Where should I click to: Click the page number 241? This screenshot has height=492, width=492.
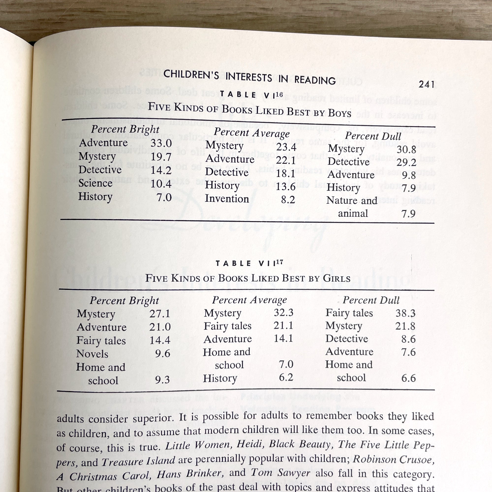pyautogui.click(x=426, y=84)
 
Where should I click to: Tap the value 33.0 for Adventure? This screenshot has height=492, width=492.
pyautogui.click(x=161, y=143)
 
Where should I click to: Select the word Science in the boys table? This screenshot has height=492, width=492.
pyautogui.click(x=95, y=183)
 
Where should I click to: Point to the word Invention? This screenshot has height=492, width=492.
pyautogui.click(x=227, y=199)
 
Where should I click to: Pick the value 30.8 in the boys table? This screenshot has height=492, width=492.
pyautogui.click(x=406, y=150)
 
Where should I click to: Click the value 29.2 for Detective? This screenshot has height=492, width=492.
pyautogui.click(x=406, y=162)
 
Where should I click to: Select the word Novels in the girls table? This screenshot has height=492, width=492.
pyautogui.click(x=92, y=354)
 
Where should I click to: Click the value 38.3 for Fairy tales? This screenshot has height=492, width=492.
pyautogui.click(x=405, y=313)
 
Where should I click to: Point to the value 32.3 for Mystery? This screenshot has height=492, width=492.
pyautogui.click(x=283, y=312)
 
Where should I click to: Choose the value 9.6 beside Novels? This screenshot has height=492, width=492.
pyautogui.click(x=163, y=354)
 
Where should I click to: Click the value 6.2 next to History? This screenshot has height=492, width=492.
pyautogui.click(x=286, y=377)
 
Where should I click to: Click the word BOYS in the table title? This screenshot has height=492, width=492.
pyautogui.click(x=340, y=113)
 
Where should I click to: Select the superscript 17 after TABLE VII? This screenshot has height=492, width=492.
pyautogui.click(x=279, y=262)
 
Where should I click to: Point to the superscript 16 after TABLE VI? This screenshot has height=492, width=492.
pyautogui.click(x=279, y=94)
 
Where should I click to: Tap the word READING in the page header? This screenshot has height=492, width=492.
pyautogui.click(x=315, y=80)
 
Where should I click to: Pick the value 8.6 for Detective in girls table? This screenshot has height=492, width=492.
pyautogui.click(x=408, y=339)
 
